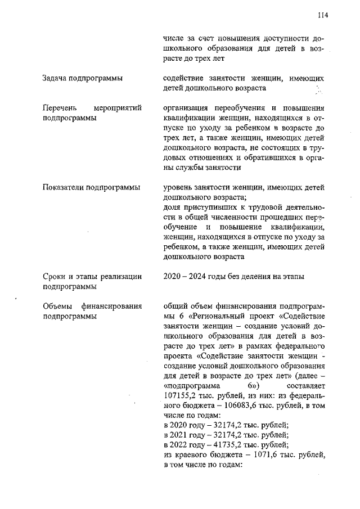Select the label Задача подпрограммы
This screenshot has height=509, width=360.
pos(83,78)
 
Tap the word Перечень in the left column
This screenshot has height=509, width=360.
pos(60,108)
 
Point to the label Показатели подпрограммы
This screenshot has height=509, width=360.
pos(91,187)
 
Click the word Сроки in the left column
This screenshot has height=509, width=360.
pos(55,276)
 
